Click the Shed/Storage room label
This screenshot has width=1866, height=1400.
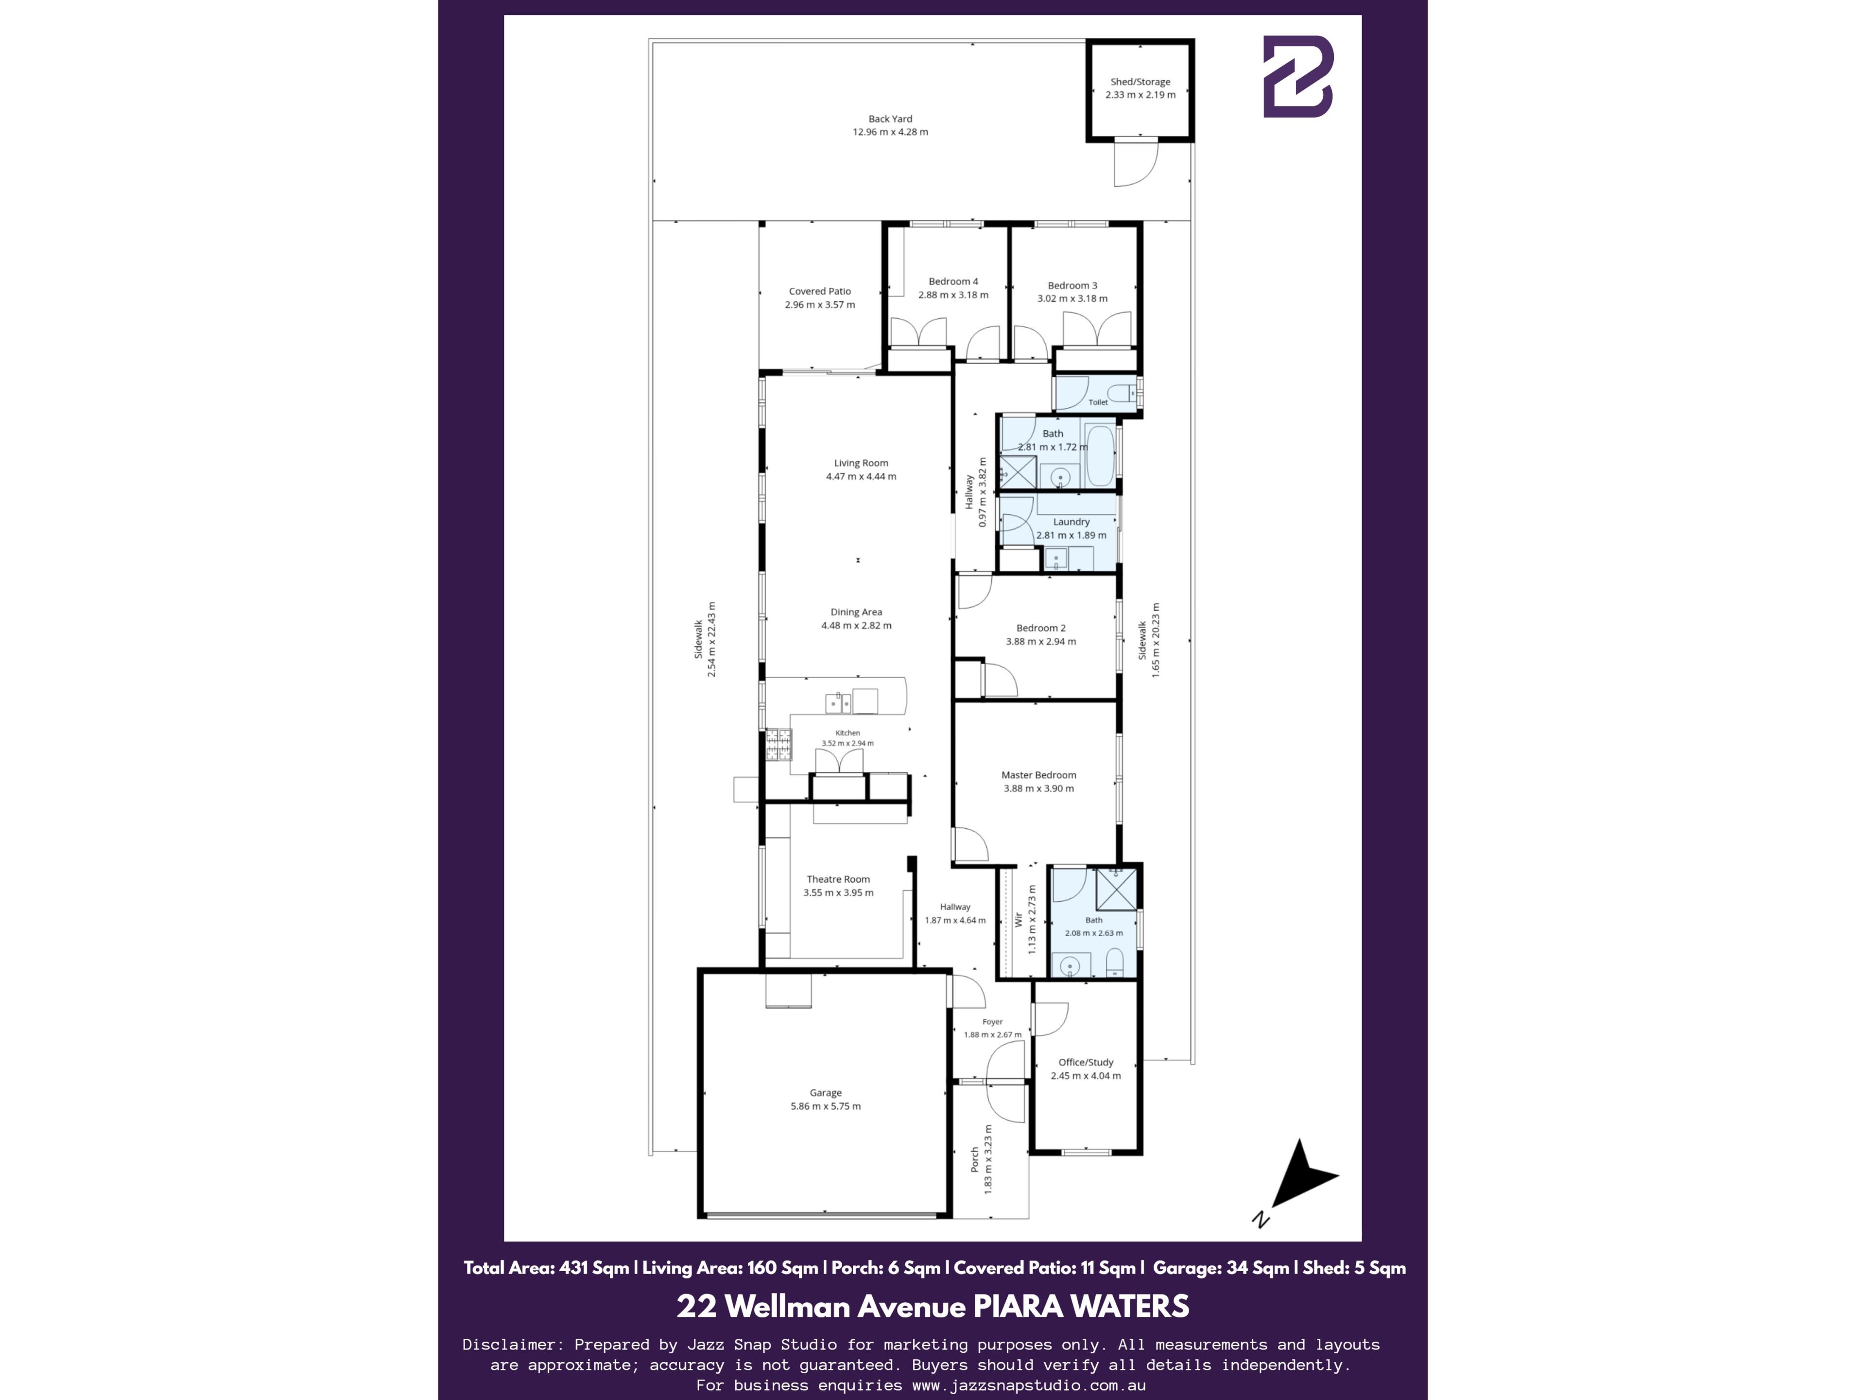[x=1140, y=82]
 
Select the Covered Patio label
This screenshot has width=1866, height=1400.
[x=820, y=291]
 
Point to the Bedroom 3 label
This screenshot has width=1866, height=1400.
[x=1072, y=286]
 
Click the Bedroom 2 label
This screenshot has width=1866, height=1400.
[x=1041, y=629]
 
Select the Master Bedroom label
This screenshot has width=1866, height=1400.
[x=1038, y=775]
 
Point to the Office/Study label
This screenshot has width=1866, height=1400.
[x=1086, y=1063]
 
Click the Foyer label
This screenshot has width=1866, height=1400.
[x=992, y=1022]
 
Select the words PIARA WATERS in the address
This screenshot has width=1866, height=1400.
[x=1082, y=1306]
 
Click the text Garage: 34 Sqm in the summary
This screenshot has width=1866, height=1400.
[x=1221, y=1267]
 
